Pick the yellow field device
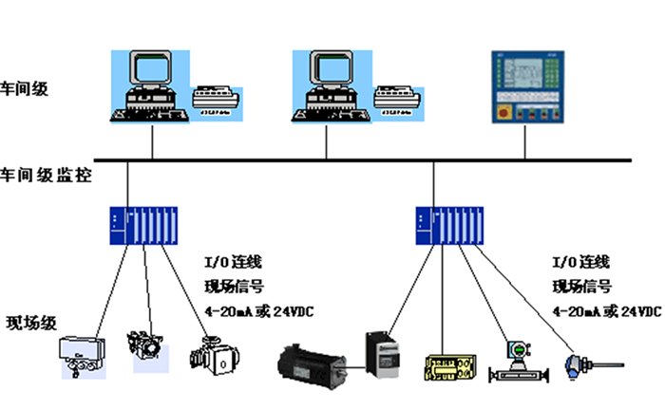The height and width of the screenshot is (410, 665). [446, 367]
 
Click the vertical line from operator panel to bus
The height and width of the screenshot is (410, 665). [524, 142]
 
